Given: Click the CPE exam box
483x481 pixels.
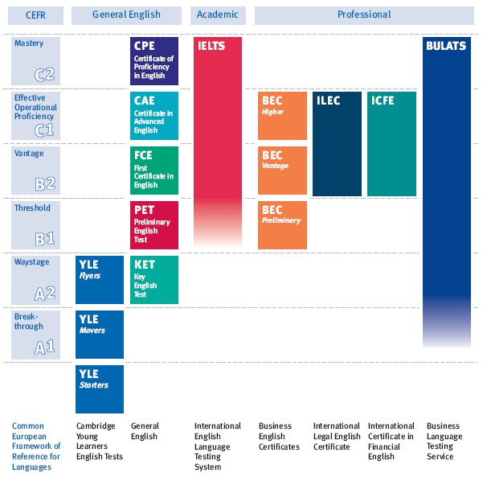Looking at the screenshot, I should [x=154, y=61].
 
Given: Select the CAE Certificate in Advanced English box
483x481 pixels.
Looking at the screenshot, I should [x=154, y=115].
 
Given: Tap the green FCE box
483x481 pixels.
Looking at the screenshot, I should [x=154, y=170].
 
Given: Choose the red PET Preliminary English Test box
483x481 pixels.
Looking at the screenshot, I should [x=154, y=224].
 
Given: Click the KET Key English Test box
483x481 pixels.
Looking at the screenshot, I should [x=154, y=279].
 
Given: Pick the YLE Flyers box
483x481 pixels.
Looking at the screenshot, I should [x=100, y=279].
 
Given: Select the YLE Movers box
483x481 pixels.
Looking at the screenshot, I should [x=100, y=334].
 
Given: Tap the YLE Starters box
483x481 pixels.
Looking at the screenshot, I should [x=100, y=389].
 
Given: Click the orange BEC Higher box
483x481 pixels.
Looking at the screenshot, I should [x=282, y=115].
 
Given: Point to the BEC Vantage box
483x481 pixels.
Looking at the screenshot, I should [x=282, y=170].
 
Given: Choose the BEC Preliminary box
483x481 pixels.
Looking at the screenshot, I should [x=282, y=224].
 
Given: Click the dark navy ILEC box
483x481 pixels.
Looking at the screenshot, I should [x=337, y=143].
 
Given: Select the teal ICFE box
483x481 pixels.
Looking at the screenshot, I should [x=391, y=143].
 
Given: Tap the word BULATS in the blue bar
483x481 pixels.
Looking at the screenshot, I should [x=445, y=46].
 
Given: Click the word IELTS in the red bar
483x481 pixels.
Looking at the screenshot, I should [x=210, y=46].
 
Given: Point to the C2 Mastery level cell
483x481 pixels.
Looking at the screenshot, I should [x=35, y=61].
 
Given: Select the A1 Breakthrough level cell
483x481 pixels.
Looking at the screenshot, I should [x=35, y=334].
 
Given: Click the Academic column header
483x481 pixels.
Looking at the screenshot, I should [x=218, y=14].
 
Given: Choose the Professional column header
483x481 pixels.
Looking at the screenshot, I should [x=364, y=14].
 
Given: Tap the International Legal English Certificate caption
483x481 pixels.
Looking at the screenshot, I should [x=337, y=437].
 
